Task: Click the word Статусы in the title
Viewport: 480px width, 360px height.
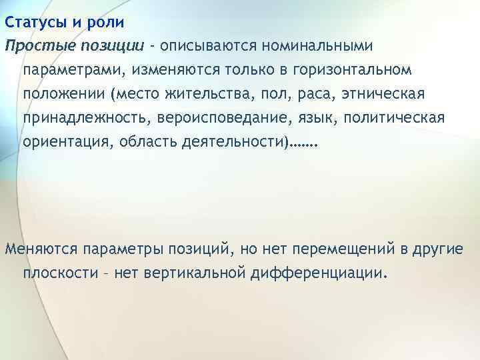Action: coord(34,22)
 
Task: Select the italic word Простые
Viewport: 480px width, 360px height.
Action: coord(39,46)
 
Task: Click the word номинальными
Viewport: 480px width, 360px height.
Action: coord(318,46)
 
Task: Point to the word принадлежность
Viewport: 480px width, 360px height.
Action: coord(77,118)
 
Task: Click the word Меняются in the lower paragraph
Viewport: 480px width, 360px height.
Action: coord(41,249)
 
